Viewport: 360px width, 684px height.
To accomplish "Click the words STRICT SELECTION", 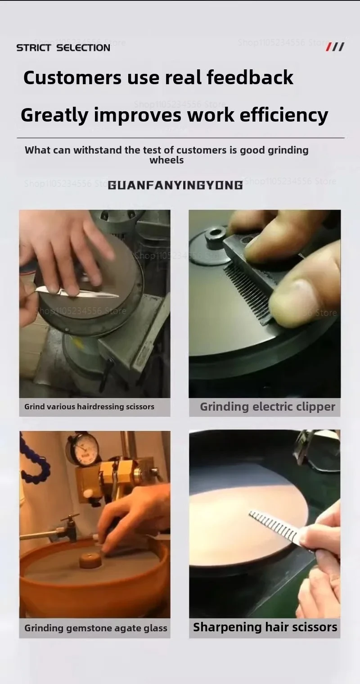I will [x=63, y=48].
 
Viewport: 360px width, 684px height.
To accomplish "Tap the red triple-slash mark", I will [x=335, y=47].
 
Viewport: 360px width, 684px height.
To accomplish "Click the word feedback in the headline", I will [x=250, y=77].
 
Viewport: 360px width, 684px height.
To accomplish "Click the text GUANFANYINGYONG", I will [x=175, y=185].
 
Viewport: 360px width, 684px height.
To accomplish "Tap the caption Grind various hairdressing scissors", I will [x=89, y=407].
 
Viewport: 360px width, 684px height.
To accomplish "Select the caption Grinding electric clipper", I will [x=267, y=407].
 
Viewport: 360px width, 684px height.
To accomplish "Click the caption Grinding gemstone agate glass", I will [x=95, y=628].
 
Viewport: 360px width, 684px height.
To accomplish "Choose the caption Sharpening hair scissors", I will [x=265, y=627].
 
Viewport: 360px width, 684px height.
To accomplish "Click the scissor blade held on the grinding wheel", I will [x=76, y=292].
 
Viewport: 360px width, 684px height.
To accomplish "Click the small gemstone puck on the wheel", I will [x=89, y=560].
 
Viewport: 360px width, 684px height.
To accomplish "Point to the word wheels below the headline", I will [x=166, y=160].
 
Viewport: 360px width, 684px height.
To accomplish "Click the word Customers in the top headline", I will [x=72, y=77].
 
